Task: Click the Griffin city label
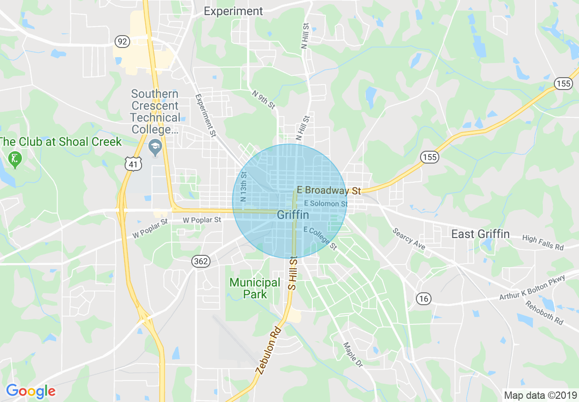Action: [293, 215]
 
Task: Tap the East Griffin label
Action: [480, 234]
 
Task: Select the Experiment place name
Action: [233, 11]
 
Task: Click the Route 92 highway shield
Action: [122, 42]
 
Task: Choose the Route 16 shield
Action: [423, 299]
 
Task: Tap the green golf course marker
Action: [15, 159]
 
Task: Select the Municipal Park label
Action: [255, 288]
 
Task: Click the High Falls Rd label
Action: [543, 243]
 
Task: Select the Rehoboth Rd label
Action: [544, 313]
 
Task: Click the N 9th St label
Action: [264, 99]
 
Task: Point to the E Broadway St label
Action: [329, 190]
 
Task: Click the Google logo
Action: [31, 391]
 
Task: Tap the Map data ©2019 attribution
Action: [539, 395]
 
